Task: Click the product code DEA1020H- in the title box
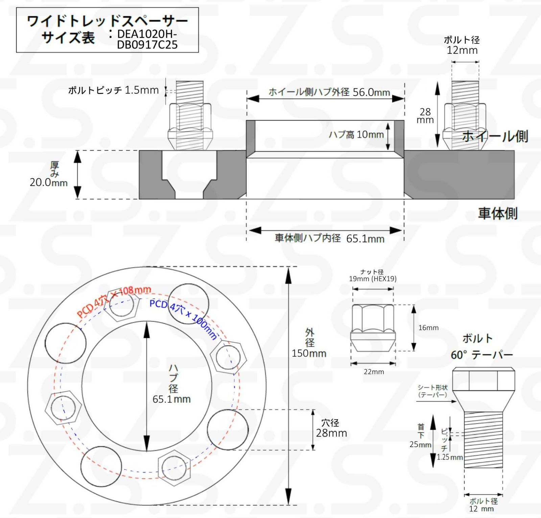tap(147, 34)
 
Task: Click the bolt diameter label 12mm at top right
tap(462, 50)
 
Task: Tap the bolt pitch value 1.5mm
tap(141, 90)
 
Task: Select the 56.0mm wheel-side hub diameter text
tap(371, 92)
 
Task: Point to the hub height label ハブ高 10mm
tap(356, 134)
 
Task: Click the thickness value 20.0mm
tap(48, 182)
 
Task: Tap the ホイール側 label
tap(495, 136)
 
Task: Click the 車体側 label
tap(497, 214)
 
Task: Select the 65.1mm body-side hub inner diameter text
tap(365, 239)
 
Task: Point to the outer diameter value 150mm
tap(309, 353)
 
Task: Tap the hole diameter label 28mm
tap(331, 433)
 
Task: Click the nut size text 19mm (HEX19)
tap(373, 279)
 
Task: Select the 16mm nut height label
tap(428, 327)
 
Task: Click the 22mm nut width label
tap(374, 372)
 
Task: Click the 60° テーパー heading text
tap(481, 355)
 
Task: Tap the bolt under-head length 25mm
tap(420, 444)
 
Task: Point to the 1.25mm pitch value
tap(449, 457)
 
